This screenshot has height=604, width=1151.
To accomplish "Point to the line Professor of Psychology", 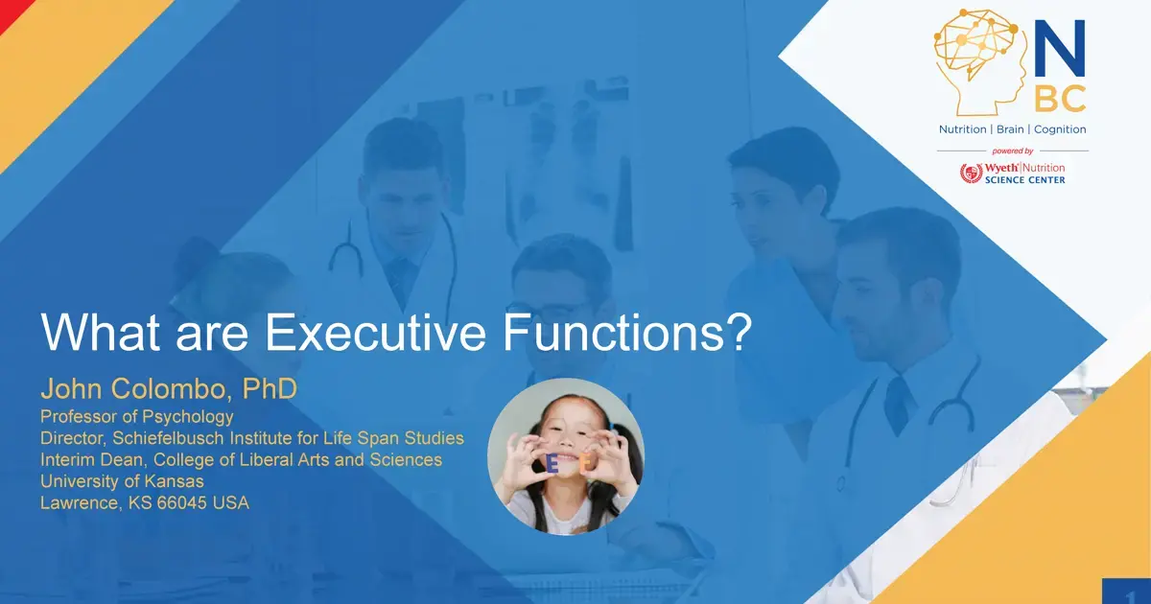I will pyautogui.click(x=136, y=417).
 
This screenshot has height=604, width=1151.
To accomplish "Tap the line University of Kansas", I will pyautogui.click(x=122, y=481).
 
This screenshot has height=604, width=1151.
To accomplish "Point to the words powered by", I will pyautogui.click(x=1012, y=151).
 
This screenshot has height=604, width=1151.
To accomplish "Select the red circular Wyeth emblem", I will pyautogui.click(x=971, y=174).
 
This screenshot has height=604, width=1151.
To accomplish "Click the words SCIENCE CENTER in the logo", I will pyautogui.click(x=1025, y=180).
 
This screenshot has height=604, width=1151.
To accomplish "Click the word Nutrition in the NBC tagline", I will pyautogui.click(x=962, y=129).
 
